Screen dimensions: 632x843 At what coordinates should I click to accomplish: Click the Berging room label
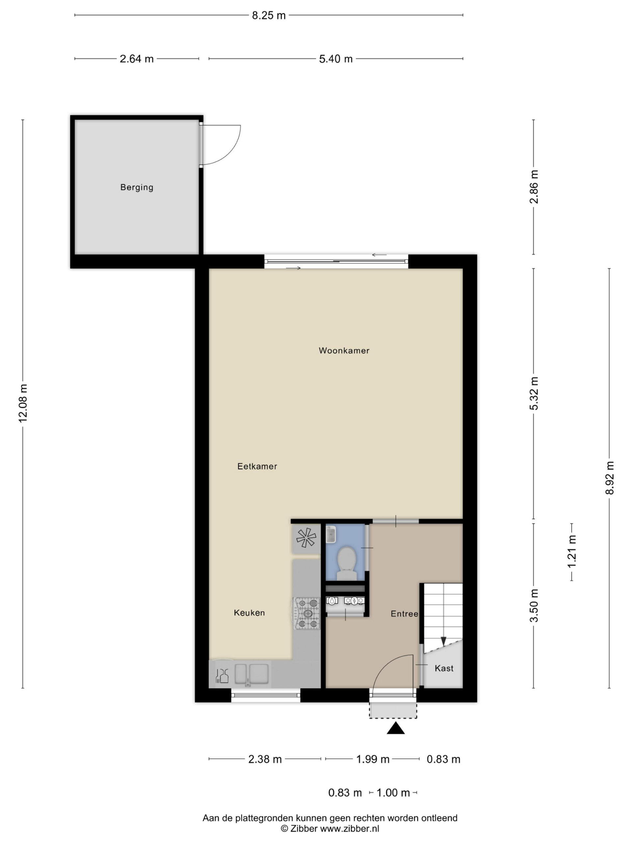[137, 187]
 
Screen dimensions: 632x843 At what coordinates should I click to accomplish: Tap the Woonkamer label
[344, 350]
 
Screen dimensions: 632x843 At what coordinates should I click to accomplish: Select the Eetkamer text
[257, 466]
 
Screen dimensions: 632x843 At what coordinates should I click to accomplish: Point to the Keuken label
[249, 612]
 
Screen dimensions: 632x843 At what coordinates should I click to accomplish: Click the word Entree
[405, 613]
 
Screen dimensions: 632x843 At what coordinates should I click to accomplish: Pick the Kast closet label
[444, 668]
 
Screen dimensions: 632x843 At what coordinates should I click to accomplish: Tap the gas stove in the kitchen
[307, 613]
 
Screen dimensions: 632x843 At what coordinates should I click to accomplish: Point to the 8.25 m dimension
[269, 15]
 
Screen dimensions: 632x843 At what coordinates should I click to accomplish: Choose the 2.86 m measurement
[534, 187]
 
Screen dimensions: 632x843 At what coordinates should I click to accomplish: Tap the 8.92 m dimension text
[610, 478]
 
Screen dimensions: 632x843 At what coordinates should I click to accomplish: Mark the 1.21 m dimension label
[572, 551]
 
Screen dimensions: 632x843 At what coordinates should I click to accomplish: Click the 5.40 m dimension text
[336, 59]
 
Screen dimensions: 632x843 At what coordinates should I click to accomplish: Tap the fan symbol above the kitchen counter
[306, 538]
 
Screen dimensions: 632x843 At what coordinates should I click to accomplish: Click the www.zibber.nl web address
[349, 828]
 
